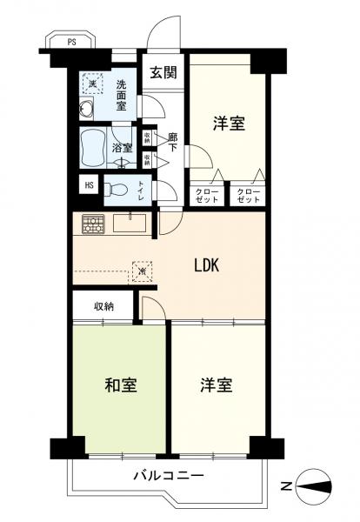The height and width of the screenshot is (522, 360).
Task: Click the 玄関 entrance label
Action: coord(162,73)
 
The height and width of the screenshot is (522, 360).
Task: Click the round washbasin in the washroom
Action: coord(86,109)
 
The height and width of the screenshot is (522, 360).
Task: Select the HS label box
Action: coord(88,184)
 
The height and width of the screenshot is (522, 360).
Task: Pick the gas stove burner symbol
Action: coord(92,224)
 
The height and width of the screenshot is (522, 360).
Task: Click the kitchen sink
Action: coord(128,223)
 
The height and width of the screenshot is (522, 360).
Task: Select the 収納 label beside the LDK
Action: coord(105,305)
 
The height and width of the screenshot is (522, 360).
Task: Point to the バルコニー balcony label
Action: coord(169,476)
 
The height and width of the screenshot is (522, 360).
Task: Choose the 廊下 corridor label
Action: coord(172,142)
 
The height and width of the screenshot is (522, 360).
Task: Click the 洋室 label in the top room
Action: coord(229,123)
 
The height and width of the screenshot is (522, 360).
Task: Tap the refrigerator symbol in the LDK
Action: coord(142,271)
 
